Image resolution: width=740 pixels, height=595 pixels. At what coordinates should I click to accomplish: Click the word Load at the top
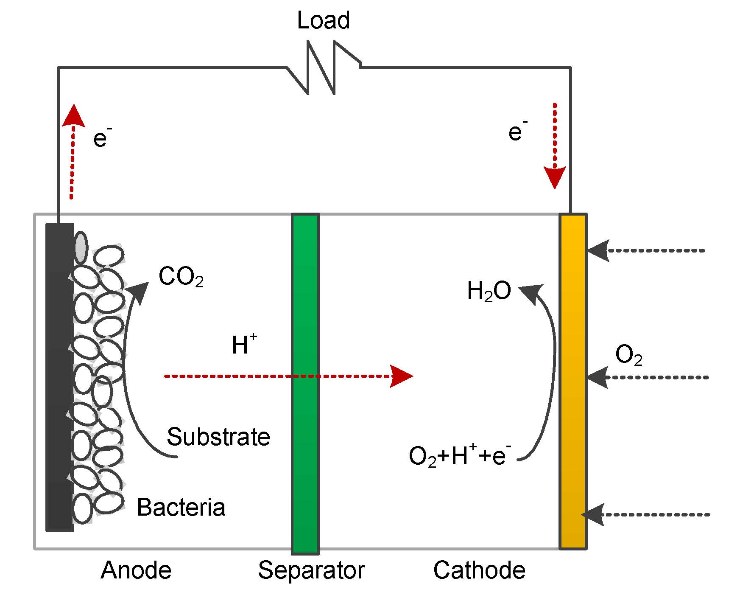point(323,20)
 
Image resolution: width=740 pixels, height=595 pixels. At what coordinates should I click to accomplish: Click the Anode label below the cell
point(136,570)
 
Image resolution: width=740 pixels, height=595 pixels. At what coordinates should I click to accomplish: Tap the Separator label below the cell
point(311,570)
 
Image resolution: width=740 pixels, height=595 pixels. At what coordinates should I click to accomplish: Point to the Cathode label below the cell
point(479,570)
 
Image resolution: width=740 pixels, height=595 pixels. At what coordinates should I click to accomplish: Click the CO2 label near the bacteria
point(181,277)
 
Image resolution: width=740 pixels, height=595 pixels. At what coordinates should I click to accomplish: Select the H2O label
point(489,292)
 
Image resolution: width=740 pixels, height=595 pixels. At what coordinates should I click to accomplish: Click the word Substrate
point(218,437)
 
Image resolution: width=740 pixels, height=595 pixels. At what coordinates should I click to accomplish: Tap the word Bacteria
point(181,507)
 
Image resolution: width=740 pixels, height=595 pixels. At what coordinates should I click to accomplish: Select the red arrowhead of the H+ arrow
point(401,376)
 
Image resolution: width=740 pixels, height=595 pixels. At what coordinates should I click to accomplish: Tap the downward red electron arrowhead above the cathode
point(555,177)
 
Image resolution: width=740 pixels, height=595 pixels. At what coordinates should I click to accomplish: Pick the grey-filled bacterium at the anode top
point(81,247)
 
